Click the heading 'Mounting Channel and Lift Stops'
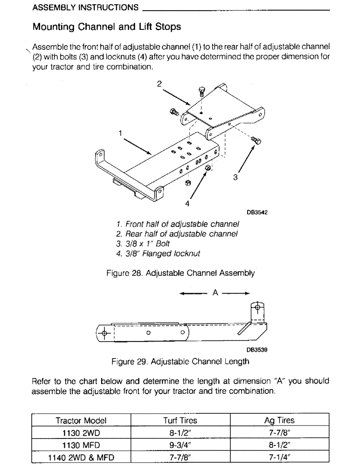point(106,27)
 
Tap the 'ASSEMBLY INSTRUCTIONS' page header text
point(85,7)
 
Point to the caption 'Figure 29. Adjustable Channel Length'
point(180,361)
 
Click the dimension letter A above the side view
point(215,293)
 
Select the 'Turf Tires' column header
point(180,420)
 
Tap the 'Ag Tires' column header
point(279,420)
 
